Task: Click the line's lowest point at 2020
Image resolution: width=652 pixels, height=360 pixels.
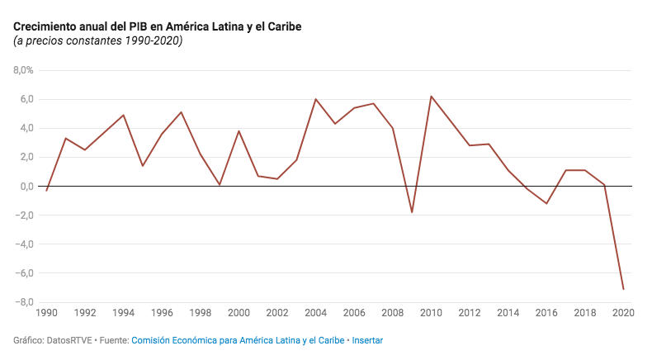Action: [x=623, y=289]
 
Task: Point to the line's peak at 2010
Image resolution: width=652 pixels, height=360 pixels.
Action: [x=431, y=96]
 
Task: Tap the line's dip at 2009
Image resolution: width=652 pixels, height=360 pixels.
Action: [x=412, y=212]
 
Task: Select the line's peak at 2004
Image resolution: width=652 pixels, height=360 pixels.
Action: [x=315, y=99]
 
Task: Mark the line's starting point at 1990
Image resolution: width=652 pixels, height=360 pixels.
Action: [x=47, y=191]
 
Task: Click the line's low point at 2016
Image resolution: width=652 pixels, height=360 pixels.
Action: [x=546, y=203]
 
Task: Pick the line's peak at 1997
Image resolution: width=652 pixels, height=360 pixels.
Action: [x=181, y=112]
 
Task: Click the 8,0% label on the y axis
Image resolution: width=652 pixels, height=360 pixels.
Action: [x=22, y=70]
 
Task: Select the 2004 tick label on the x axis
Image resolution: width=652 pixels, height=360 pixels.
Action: [x=315, y=313]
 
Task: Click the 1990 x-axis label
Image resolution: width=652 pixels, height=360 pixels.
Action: [x=47, y=313]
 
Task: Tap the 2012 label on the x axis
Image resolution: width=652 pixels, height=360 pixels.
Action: [x=469, y=313]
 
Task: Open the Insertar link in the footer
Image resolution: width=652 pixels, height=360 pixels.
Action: [x=367, y=340]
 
